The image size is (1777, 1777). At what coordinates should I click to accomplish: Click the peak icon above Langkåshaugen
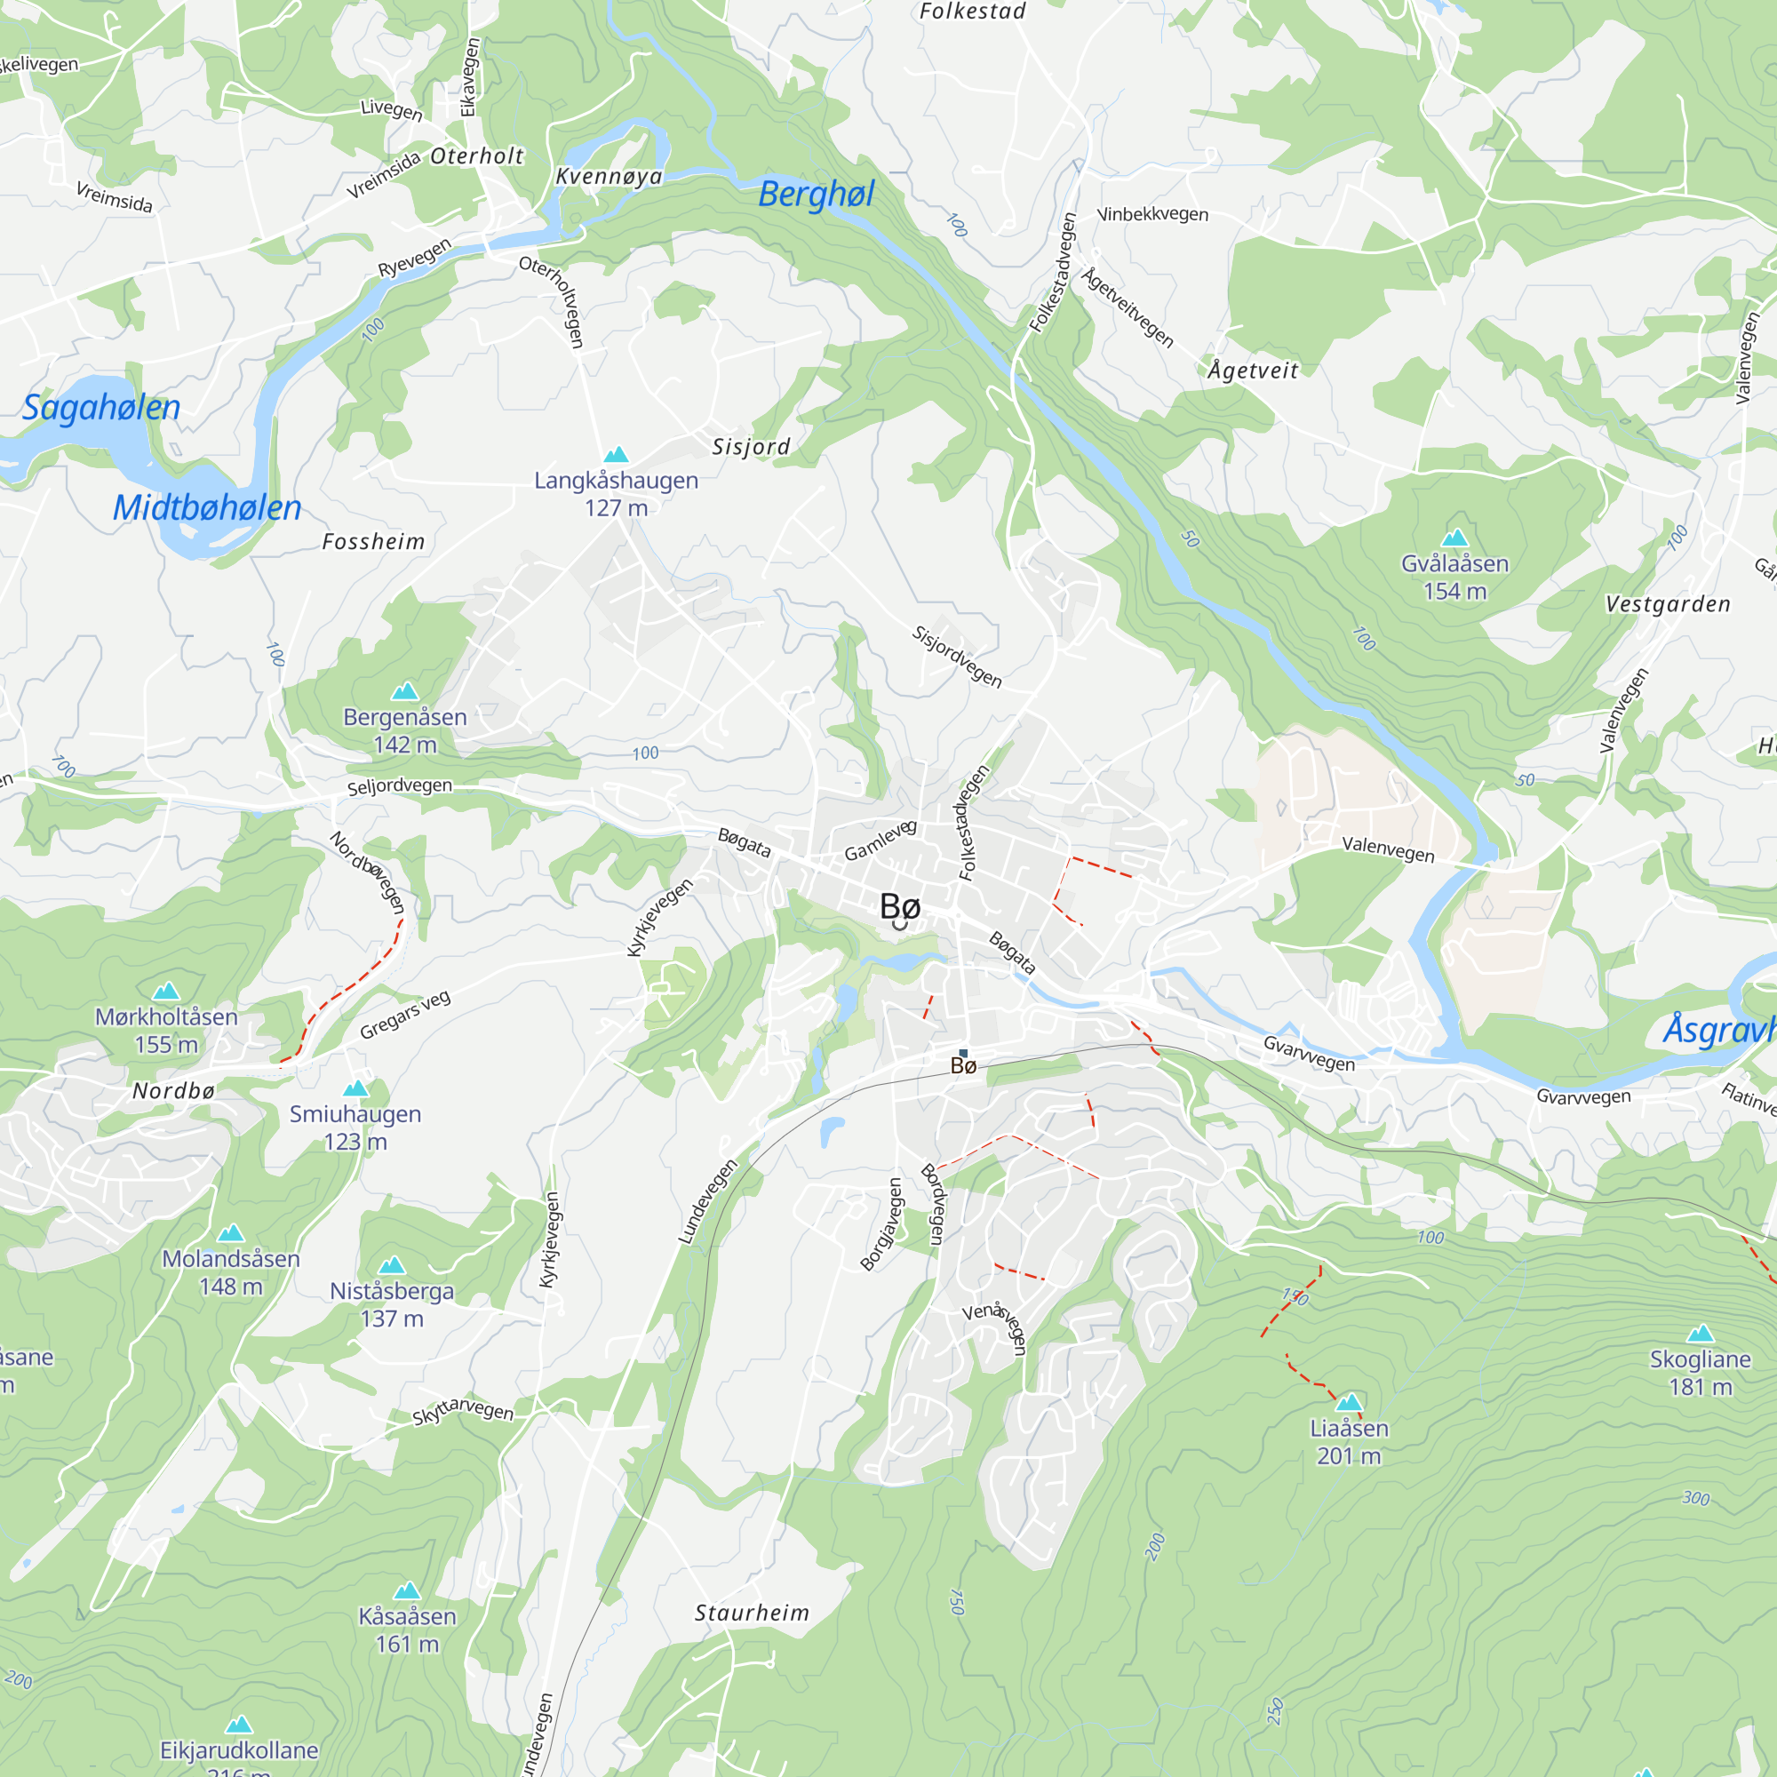coord(616,454)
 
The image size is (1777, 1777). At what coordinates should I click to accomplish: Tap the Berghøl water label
coord(816,194)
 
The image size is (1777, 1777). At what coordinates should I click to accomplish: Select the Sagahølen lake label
coord(101,408)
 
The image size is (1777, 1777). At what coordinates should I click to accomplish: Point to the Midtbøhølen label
coord(207,507)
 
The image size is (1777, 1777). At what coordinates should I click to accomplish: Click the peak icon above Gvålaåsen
coord(1454,538)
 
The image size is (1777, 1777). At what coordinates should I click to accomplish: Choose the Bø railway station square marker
coord(963,1052)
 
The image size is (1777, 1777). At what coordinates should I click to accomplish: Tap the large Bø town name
coord(899,907)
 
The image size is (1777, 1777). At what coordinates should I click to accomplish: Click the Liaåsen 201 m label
coord(1349,1441)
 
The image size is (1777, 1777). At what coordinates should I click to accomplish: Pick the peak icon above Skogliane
coord(1700,1334)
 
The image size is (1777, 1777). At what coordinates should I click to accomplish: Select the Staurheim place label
coord(752,1613)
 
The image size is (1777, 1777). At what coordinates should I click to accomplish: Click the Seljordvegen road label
coord(399,786)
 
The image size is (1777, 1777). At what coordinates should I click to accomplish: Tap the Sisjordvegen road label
coord(957,657)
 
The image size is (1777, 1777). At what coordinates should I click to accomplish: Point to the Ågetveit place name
coord(1253,371)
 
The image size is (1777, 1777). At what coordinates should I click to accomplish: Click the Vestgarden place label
coord(1668,604)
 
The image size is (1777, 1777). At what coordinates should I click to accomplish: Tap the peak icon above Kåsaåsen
coord(407,1590)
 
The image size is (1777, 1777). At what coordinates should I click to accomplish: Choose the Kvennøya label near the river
coord(609,177)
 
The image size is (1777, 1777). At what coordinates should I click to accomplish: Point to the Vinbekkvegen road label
coord(1152,214)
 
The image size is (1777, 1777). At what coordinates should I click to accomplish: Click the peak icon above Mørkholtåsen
coord(166,991)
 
